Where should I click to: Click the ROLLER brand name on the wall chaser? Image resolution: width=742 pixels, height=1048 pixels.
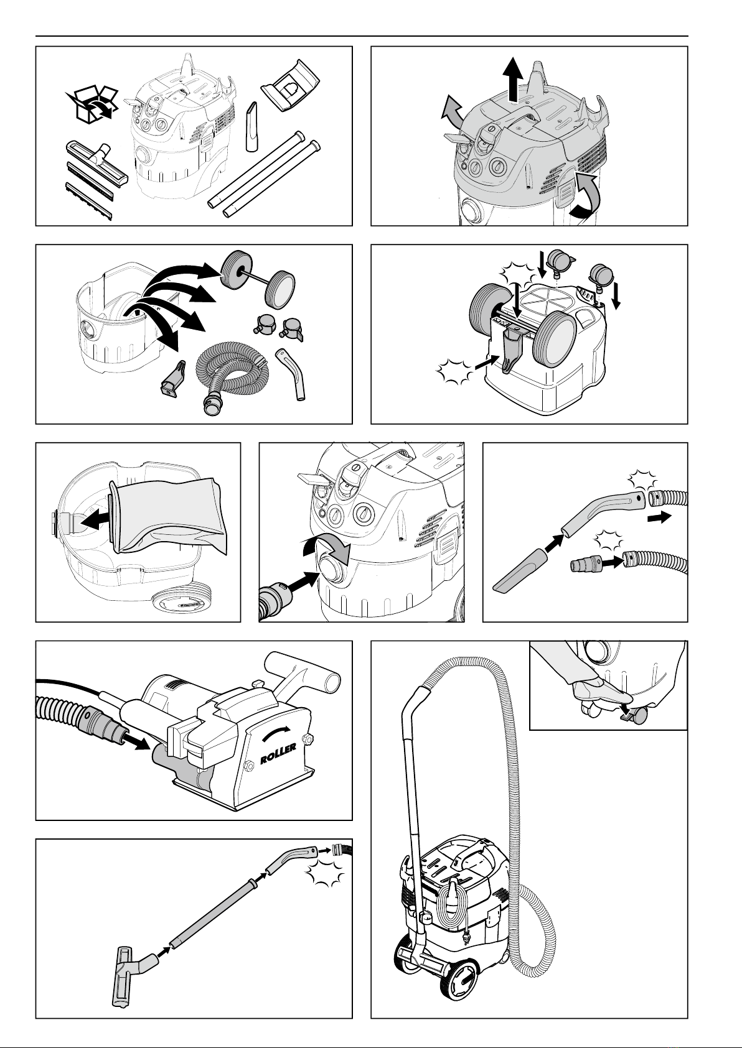(278, 754)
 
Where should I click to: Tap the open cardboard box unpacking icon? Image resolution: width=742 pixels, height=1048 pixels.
(92, 103)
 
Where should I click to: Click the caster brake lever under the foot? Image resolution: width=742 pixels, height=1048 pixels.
(625, 715)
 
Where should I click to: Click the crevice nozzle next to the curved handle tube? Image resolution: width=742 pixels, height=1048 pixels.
(519, 572)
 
